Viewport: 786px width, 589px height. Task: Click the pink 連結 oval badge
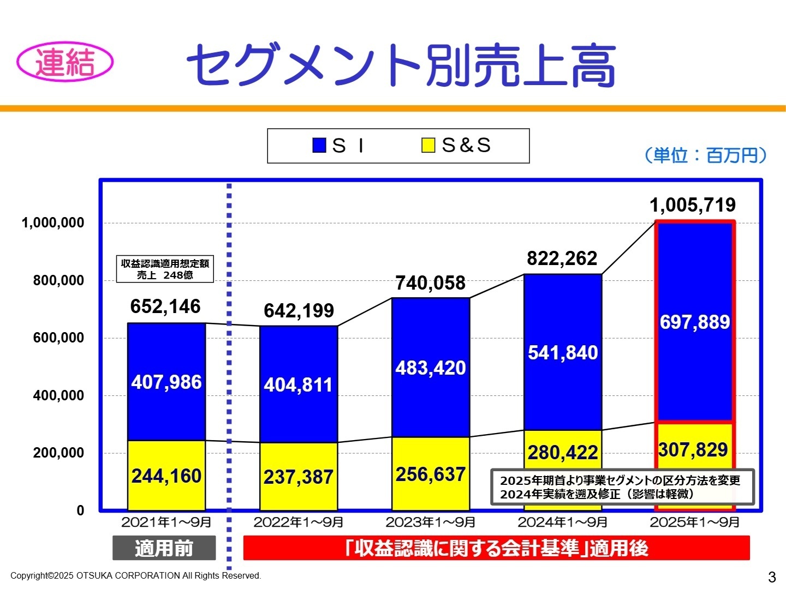pos(65,62)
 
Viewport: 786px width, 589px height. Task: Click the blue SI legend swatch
pos(319,145)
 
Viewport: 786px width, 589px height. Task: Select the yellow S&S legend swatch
pos(428,145)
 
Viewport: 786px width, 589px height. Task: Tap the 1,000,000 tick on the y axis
pos(53,223)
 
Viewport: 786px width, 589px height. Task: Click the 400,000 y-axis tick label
pos(58,395)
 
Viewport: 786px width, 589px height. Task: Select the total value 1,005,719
pos(692,205)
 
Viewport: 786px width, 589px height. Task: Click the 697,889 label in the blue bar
pos(695,322)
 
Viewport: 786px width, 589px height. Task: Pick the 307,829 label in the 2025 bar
pos(693,450)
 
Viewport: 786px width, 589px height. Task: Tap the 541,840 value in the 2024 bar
pos(563,353)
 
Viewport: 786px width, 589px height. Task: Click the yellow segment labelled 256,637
pos(431,474)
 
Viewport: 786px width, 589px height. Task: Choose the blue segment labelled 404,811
pos(298,385)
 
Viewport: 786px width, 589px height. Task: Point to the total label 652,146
pos(165,306)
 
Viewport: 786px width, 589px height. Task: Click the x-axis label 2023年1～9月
pos(431,522)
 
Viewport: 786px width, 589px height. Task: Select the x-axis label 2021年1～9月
pos(166,522)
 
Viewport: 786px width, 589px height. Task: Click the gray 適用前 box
pos(164,548)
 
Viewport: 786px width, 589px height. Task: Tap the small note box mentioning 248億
pos(165,269)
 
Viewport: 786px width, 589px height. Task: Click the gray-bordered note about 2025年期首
pos(622,487)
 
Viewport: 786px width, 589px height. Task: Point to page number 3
pos(771,576)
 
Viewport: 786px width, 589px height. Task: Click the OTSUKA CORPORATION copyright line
pos(136,575)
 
